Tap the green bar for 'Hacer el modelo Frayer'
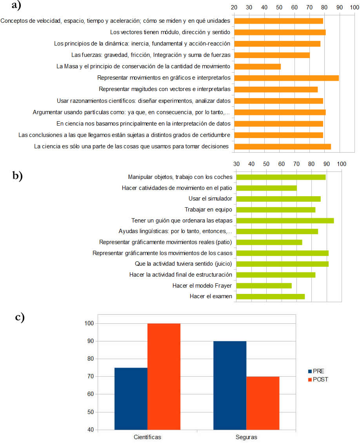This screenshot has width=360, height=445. (264, 285)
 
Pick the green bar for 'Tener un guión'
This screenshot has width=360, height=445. (285, 221)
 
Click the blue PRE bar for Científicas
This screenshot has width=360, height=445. (131, 398)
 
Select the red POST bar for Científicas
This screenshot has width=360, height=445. (164, 376)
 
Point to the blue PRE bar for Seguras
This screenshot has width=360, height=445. (230, 385)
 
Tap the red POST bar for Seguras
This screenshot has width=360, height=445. (263, 403)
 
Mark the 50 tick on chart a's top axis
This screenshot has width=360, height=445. (279, 7)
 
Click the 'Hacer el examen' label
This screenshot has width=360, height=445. (211, 296)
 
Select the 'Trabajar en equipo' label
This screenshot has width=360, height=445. (208, 210)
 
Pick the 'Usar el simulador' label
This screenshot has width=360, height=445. (210, 199)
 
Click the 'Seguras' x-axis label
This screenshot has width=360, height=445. (246, 437)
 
